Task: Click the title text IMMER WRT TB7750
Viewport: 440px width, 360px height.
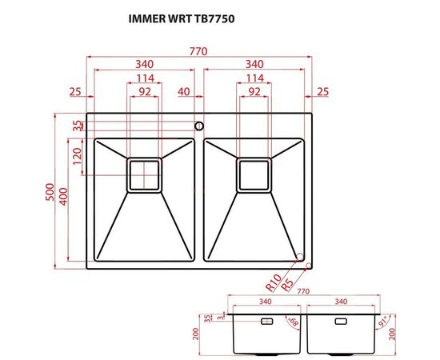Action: [x=182, y=16]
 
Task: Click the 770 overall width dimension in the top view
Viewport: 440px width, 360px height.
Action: [x=198, y=51]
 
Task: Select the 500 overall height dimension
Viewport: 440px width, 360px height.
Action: [x=50, y=193]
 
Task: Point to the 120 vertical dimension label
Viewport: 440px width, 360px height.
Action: [x=77, y=155]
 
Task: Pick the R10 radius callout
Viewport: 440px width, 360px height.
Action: [x=272, y=282]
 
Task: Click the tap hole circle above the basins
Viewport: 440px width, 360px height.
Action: [x=198, y=126]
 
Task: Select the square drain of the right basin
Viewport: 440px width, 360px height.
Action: [x=254, y=174]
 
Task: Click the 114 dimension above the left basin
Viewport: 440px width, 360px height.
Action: [x=145, y=78]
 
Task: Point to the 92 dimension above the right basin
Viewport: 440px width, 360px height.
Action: [x=254, y=92]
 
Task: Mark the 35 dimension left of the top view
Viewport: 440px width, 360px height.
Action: [x=77, y=126]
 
